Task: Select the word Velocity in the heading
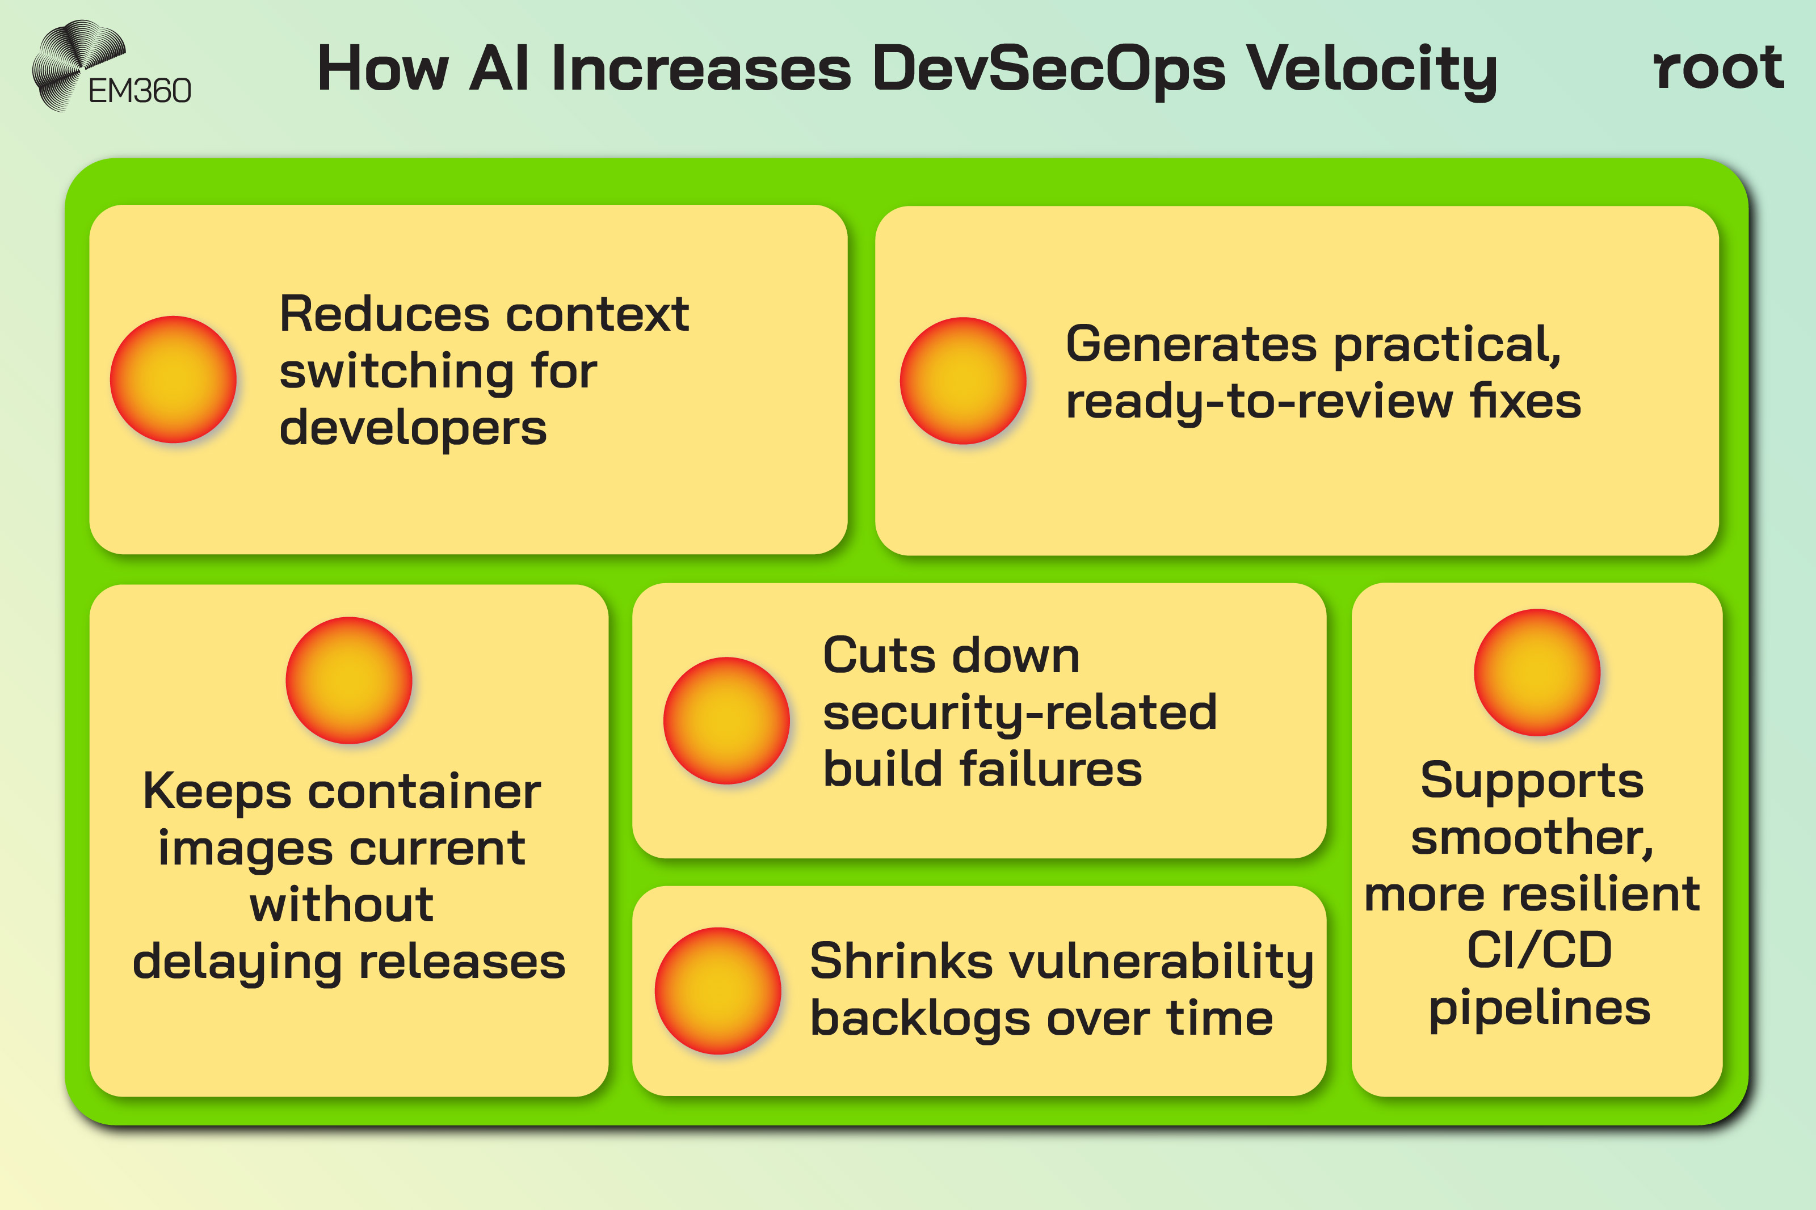pyautogui.click(x=1372, y=69)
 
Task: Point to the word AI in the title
pyautogui.click(x=498, y=69)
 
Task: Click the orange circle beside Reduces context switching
pyautogui.click(x=173, y=380)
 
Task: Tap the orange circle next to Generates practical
pyautogui.click(x=962, y=381)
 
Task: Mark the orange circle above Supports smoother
pyautogui.click(x=1537, y=673)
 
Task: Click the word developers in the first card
pyautogui.click(x=413, y=429)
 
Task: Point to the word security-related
pyautogui.click(x=1020, y=712)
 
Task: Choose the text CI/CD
pyautogui.click(x=1539, y=950)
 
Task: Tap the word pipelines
pyautogui.click(x=1539, y=1009)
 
